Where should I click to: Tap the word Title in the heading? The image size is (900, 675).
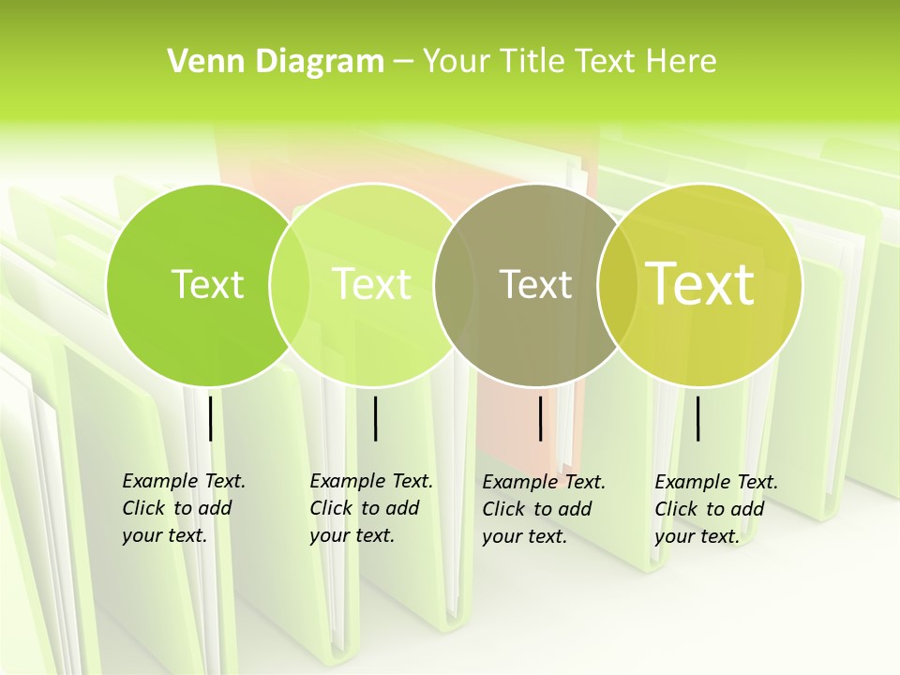tap(532, 62)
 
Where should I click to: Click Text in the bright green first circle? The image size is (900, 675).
tap(207, 284)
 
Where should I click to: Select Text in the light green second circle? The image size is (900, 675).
tap(372, 284)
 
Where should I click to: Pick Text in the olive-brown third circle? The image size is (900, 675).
tap(536, 284)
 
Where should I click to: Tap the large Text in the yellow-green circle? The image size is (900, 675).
tap(700, 284)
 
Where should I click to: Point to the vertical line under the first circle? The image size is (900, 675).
tap(210, 418)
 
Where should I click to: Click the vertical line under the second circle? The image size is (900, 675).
tap(375, 418)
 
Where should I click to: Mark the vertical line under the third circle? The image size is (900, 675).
tap(540, 418)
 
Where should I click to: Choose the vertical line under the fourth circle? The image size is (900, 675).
tap(698, 418)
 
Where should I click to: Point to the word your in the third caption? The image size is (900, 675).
tap(502, 536)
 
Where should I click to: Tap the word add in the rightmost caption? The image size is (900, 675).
tap(747, 509)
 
